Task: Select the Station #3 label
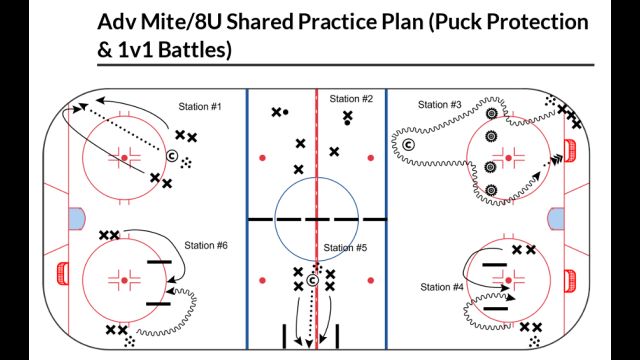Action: tap(439, 104)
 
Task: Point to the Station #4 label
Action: tap(443, 288)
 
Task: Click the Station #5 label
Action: tap(345, 247)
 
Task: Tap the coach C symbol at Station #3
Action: tap(408, 146)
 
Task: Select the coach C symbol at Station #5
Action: tap(313, 281)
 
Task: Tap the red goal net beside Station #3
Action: tap(570, 151)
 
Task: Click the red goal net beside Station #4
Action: tap(570, 275)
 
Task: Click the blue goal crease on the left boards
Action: tap(76, 215)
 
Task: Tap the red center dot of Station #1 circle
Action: tap(123, 157)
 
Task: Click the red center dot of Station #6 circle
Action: tap(123, 281)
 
